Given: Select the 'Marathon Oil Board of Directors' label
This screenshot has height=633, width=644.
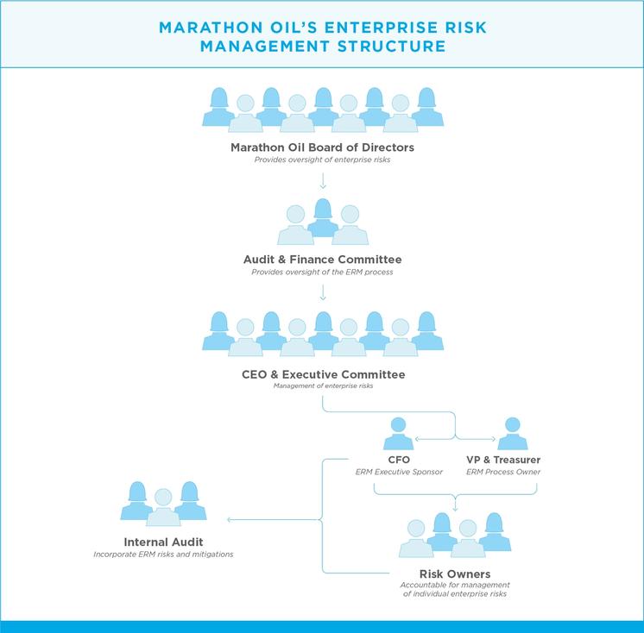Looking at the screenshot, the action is [322, 147].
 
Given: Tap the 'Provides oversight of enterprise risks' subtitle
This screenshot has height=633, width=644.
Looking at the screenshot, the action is [322, 160].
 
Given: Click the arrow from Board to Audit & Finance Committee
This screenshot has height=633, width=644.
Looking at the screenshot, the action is [323, 180].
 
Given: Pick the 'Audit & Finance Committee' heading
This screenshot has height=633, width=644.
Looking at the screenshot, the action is [322, 260].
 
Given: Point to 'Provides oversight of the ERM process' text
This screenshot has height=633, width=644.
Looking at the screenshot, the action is [322, 272].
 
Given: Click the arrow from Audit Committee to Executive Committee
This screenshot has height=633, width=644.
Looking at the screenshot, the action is [323, 292].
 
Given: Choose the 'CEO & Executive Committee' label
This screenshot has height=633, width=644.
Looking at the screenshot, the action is [323, 374].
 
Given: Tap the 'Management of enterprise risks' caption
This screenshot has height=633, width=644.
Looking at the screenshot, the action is [323, 385].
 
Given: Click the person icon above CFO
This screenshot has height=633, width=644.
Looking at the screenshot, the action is [398, 434].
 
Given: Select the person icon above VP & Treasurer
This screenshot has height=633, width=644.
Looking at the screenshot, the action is [513, 434].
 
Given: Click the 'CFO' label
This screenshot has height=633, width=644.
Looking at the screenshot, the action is [399, 460].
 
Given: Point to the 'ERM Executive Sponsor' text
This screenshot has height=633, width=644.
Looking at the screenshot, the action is [399, 472].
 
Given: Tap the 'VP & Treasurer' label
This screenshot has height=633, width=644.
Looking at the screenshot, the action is [503, 460].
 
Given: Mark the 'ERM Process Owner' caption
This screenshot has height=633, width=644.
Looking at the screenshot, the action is [503, 472].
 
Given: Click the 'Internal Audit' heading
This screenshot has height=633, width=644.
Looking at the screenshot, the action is [163, 542].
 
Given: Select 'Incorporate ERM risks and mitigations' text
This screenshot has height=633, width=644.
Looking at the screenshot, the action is [163, 555].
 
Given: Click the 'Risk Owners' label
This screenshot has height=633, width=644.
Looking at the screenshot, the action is [455, 573].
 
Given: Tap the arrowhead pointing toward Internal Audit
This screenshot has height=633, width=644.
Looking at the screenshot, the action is [229, 520].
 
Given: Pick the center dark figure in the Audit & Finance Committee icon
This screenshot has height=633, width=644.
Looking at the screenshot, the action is [323, 218].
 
